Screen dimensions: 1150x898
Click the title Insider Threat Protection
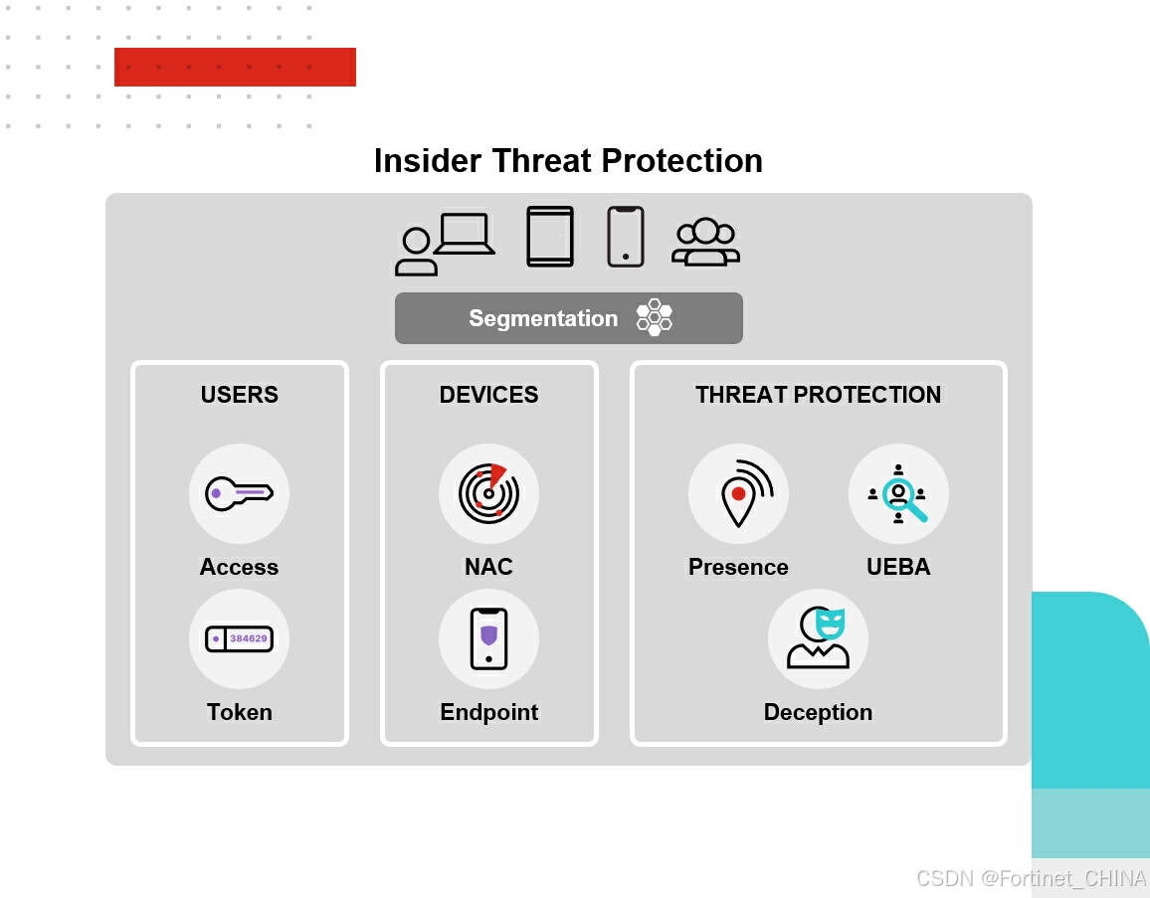coord(568,160)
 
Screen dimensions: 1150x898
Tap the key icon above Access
coord(239,493)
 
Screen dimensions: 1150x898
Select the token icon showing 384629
coord(239,638)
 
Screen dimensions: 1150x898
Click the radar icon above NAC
coord(488,493)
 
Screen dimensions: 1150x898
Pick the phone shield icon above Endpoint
coord(488,638)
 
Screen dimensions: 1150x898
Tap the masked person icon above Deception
coord(819,637)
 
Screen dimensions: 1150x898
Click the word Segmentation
coord(543,318)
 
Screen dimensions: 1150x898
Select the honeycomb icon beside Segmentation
coord(655,317)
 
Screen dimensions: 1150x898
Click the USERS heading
coord(240,395)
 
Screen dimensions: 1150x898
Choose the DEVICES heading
coord(489,395)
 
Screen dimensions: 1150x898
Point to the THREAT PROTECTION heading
coord(819,395)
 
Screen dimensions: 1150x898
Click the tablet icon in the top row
coord(550,237)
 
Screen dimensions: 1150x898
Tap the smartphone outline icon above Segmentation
coord(626,237)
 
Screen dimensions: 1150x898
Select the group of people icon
coord(705,242)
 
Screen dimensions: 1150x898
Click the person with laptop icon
coord(446,244)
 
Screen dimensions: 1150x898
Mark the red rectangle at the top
coord(236,67)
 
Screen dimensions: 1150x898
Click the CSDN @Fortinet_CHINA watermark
coord(1032,878)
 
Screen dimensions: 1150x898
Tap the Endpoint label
coord(489,712)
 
